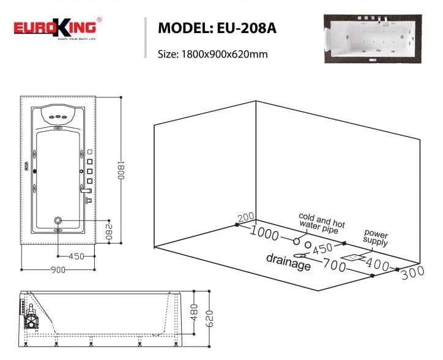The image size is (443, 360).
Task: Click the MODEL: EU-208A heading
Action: pyautogui.click(x=217, y=28)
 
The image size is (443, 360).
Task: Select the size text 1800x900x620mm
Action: pyautogui.click(x=212, y=54)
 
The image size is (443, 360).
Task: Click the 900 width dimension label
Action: pyautogui.click(x=58, y=269)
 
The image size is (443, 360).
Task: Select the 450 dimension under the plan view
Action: pyautogui.click(x=76, y=257)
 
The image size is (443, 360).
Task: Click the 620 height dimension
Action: pyautogui.click(x=209, y=318)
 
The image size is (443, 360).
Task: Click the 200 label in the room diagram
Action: pyautogui.click(x=246, y=217)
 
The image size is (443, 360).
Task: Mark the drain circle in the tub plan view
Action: pyautogui.click(x=58, y=220)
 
